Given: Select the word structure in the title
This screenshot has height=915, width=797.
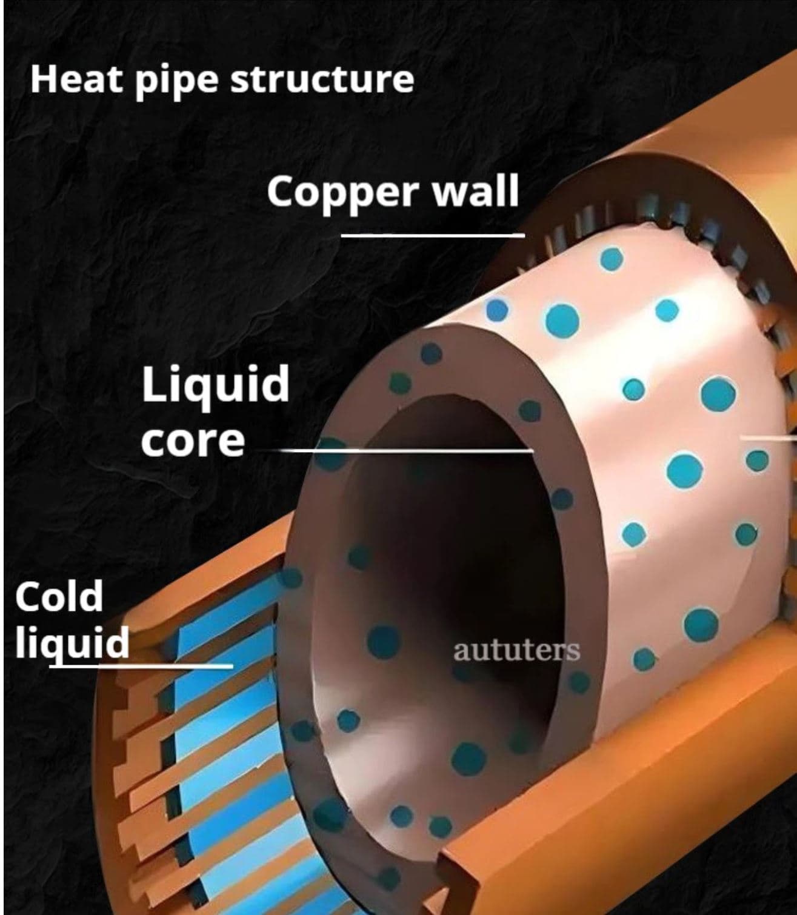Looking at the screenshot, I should click(x=322, y=80).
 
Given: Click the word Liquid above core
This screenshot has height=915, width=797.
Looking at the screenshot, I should click(x=215, y=385).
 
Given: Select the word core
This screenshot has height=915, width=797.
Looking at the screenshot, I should click(x=193, y=441).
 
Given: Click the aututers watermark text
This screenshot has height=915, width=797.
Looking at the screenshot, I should click(x=516, y=651).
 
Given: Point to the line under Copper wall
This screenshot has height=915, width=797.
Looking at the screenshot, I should click(x=432, y=235).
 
